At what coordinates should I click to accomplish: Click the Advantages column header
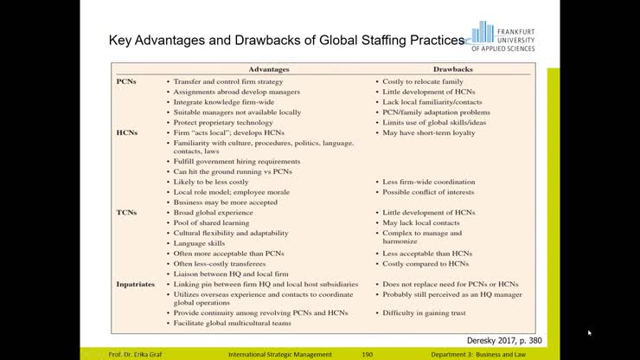(269, 68)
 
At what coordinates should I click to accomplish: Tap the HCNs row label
(127, 132)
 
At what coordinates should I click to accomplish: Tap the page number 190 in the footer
(367, 354)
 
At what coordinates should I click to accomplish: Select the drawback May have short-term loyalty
(430, 132)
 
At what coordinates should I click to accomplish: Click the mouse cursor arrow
(590, 331)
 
